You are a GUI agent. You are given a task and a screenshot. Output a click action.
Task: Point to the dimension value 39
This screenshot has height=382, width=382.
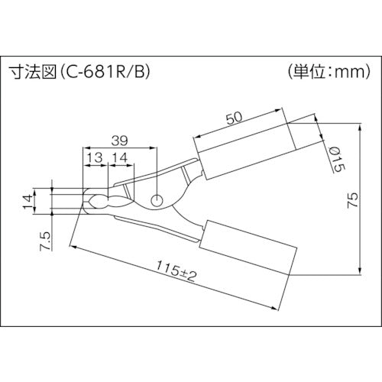[x=120, y=140]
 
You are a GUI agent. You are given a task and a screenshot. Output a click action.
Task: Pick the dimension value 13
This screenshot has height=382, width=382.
[x=95, y=158]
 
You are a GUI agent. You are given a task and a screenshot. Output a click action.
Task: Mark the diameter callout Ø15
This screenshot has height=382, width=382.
[x=334, y=157]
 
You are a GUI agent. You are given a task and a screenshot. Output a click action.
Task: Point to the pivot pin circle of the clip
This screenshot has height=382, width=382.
[x=157, y=200]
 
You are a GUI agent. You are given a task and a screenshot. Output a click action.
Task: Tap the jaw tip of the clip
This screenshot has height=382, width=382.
[x=89, y=201]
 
